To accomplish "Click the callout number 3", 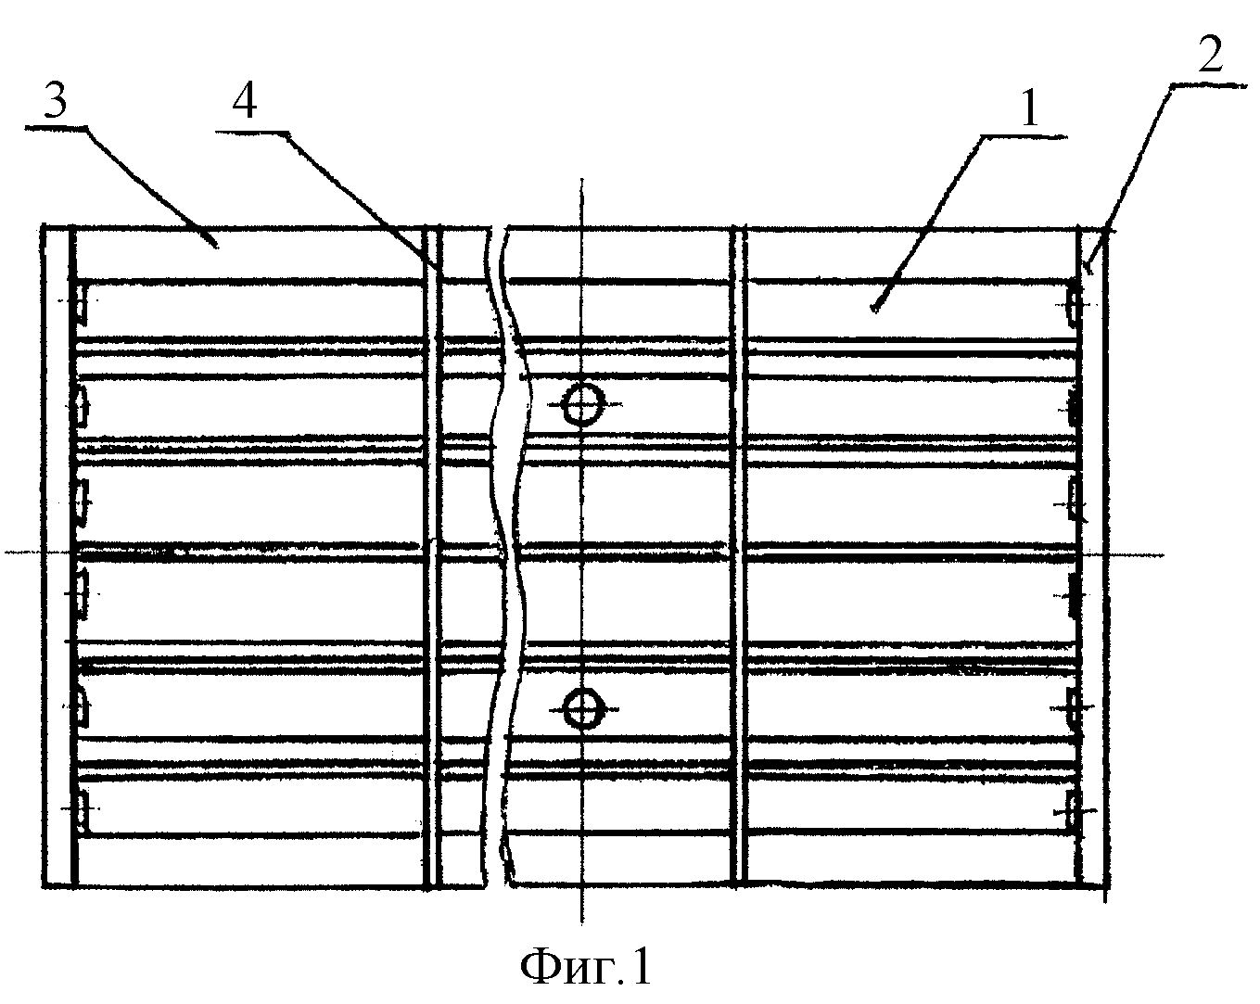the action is click(57, 102).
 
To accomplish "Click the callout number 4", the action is click(245, 103).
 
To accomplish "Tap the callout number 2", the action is click(1210, 54).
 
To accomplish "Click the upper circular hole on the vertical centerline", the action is click(582, 404).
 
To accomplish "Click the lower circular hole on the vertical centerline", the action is click(582, 709).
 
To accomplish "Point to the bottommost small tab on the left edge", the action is click(82, 811).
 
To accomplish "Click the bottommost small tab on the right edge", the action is click(1072, 810).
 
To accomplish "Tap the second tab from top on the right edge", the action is click(1074, 407).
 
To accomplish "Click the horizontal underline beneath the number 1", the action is click(1025, 137).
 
